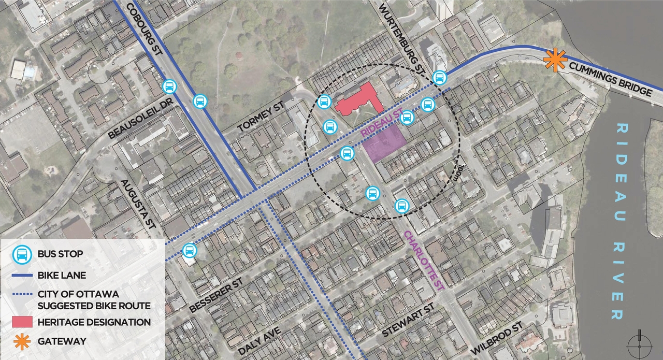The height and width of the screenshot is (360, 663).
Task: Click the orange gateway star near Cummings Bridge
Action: point(555,61)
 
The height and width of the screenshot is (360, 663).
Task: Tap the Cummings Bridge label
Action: point(611,79)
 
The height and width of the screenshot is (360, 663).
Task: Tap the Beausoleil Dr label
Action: point(139,118)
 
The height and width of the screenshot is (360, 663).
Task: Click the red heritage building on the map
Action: point(359,100)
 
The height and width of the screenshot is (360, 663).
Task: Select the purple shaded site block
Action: point(384,143)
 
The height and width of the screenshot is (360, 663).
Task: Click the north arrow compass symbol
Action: point(639,343)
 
